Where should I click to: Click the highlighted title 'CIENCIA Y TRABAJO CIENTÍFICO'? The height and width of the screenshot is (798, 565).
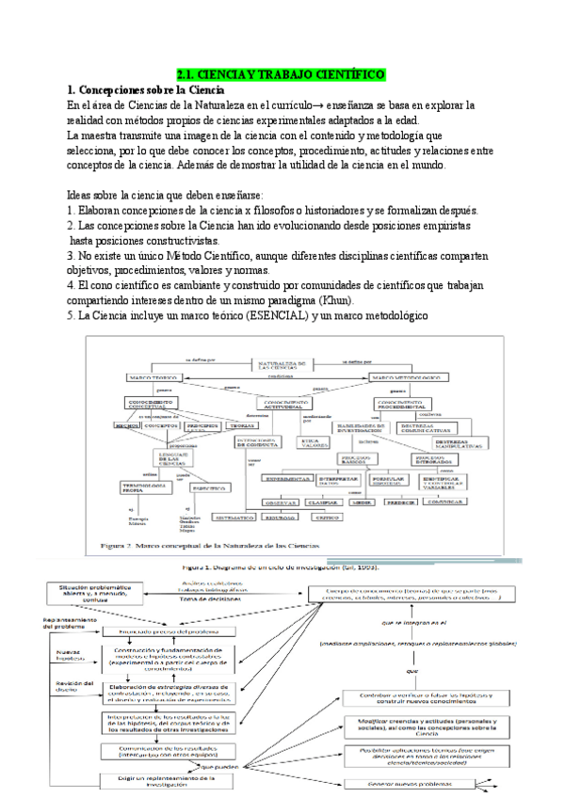click(280, 73)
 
